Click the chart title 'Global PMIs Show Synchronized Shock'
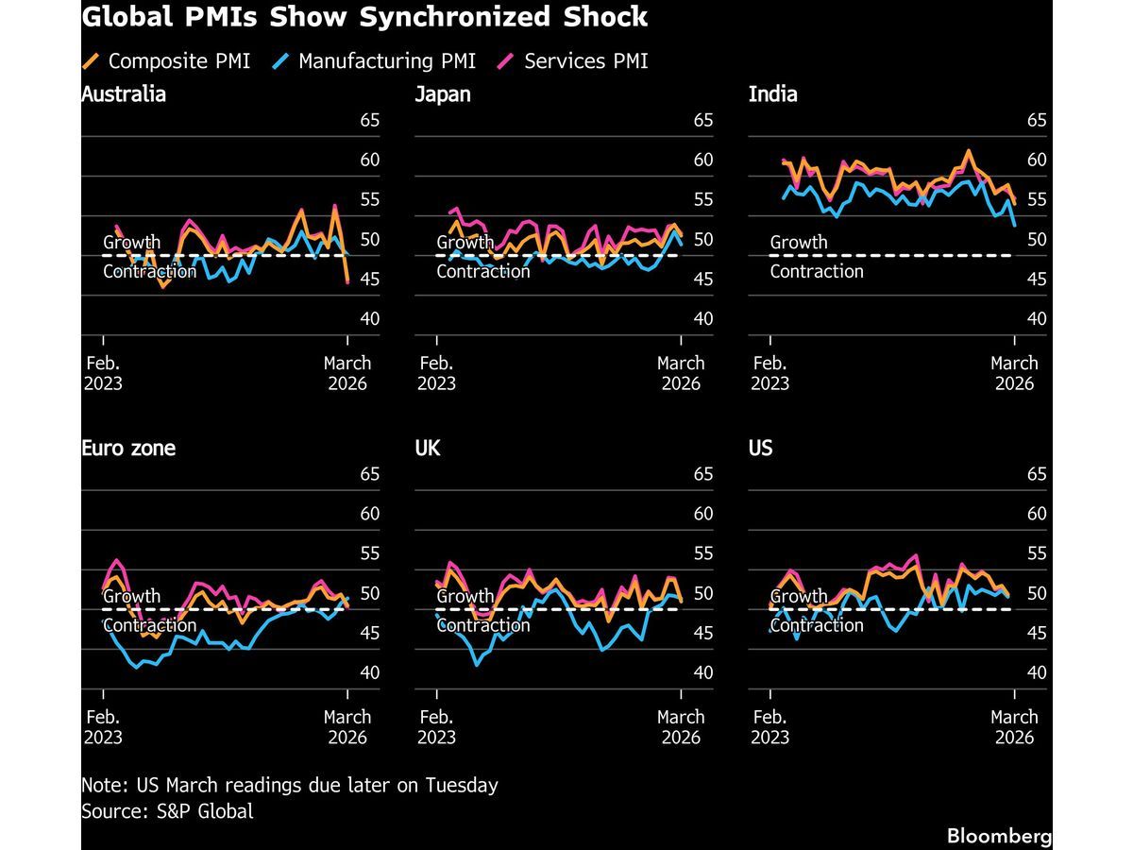[364, 17]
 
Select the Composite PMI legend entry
[168, 61]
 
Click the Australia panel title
[124, 94]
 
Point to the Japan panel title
[443, 94]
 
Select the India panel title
[772, 94]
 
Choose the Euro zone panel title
[128, 448]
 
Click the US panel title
[760, 448]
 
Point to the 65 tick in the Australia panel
[369, 120]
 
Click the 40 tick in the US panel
[1037, 672]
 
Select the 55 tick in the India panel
[1037, 199]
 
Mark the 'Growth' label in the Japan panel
[465, 243]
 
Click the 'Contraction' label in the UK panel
[483, 625]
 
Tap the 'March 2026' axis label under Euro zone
[347, 726]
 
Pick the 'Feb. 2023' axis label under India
[770, 373]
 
